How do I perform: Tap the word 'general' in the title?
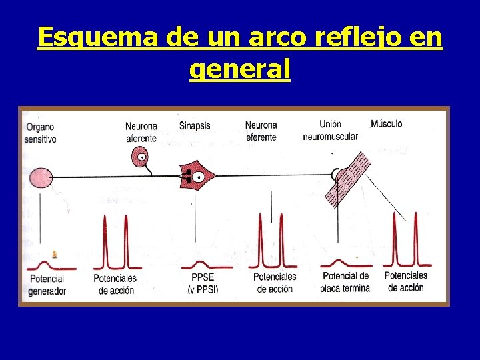coord(240,68)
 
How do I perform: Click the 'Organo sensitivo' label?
coord(40,133)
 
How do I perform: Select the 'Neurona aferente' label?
coord(141,132)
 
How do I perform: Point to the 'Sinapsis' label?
coord(195,125)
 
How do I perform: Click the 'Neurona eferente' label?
coord(261,131)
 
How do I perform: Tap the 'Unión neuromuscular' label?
coord(330,130)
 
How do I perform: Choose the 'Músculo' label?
coord(387,124)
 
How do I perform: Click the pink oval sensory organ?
coord(39,177)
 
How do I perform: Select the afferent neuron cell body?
coord(141,157)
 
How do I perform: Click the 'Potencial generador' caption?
coord(47,285)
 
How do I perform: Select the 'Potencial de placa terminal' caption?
coord(345,282)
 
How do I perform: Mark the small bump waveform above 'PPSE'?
coord(201,264)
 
